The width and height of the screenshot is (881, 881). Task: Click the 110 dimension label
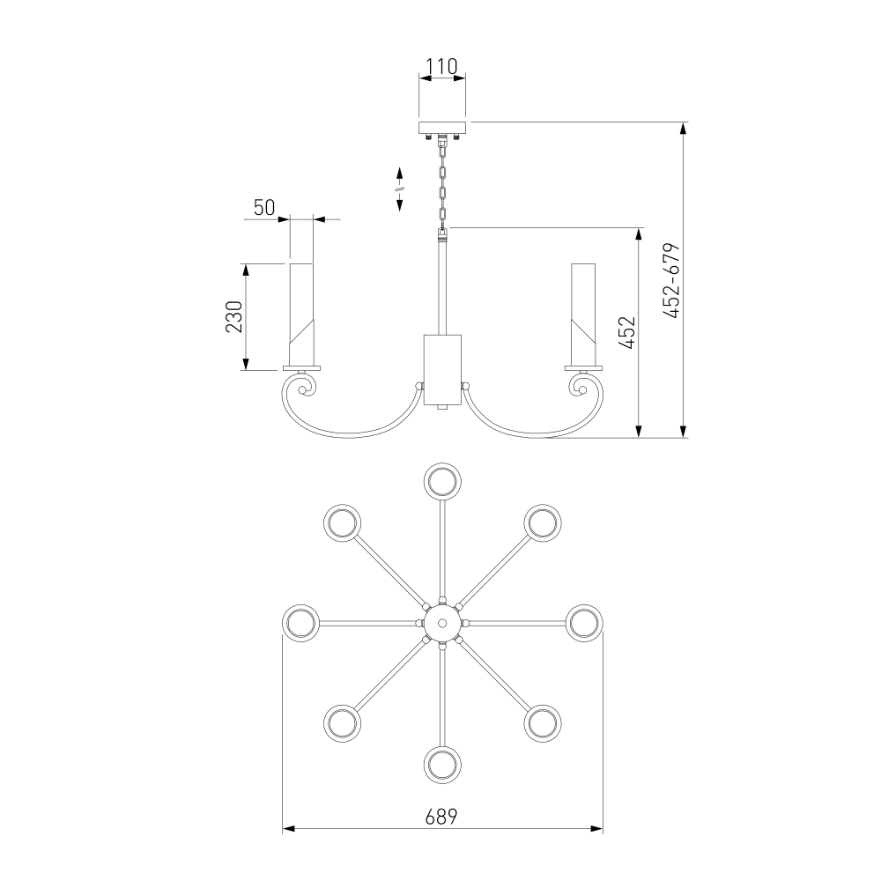441,67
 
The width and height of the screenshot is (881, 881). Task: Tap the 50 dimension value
264,208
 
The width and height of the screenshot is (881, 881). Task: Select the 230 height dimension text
233,317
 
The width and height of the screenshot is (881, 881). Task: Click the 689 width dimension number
441,817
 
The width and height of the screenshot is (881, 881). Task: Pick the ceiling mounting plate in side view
443,128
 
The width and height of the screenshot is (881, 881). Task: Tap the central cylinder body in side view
442,370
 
